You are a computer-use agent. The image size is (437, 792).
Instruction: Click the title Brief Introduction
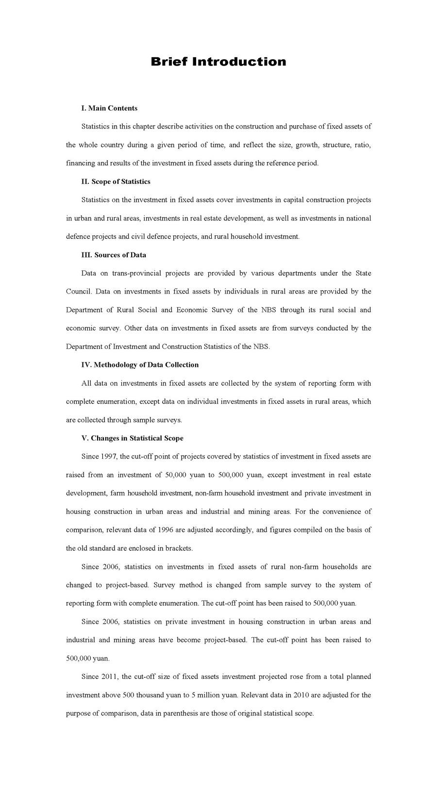coord(218,62)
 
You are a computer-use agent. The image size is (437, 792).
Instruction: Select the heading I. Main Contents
coord(109,108)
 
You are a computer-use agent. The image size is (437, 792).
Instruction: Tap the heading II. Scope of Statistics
coord(116,181)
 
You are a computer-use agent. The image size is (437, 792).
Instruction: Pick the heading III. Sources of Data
coord(114,255)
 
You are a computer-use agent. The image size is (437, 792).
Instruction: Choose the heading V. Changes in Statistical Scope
coord(132,438)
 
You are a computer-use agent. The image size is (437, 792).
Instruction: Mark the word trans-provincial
coord(136,273)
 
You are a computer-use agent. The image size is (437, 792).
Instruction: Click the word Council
coord(78,292)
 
